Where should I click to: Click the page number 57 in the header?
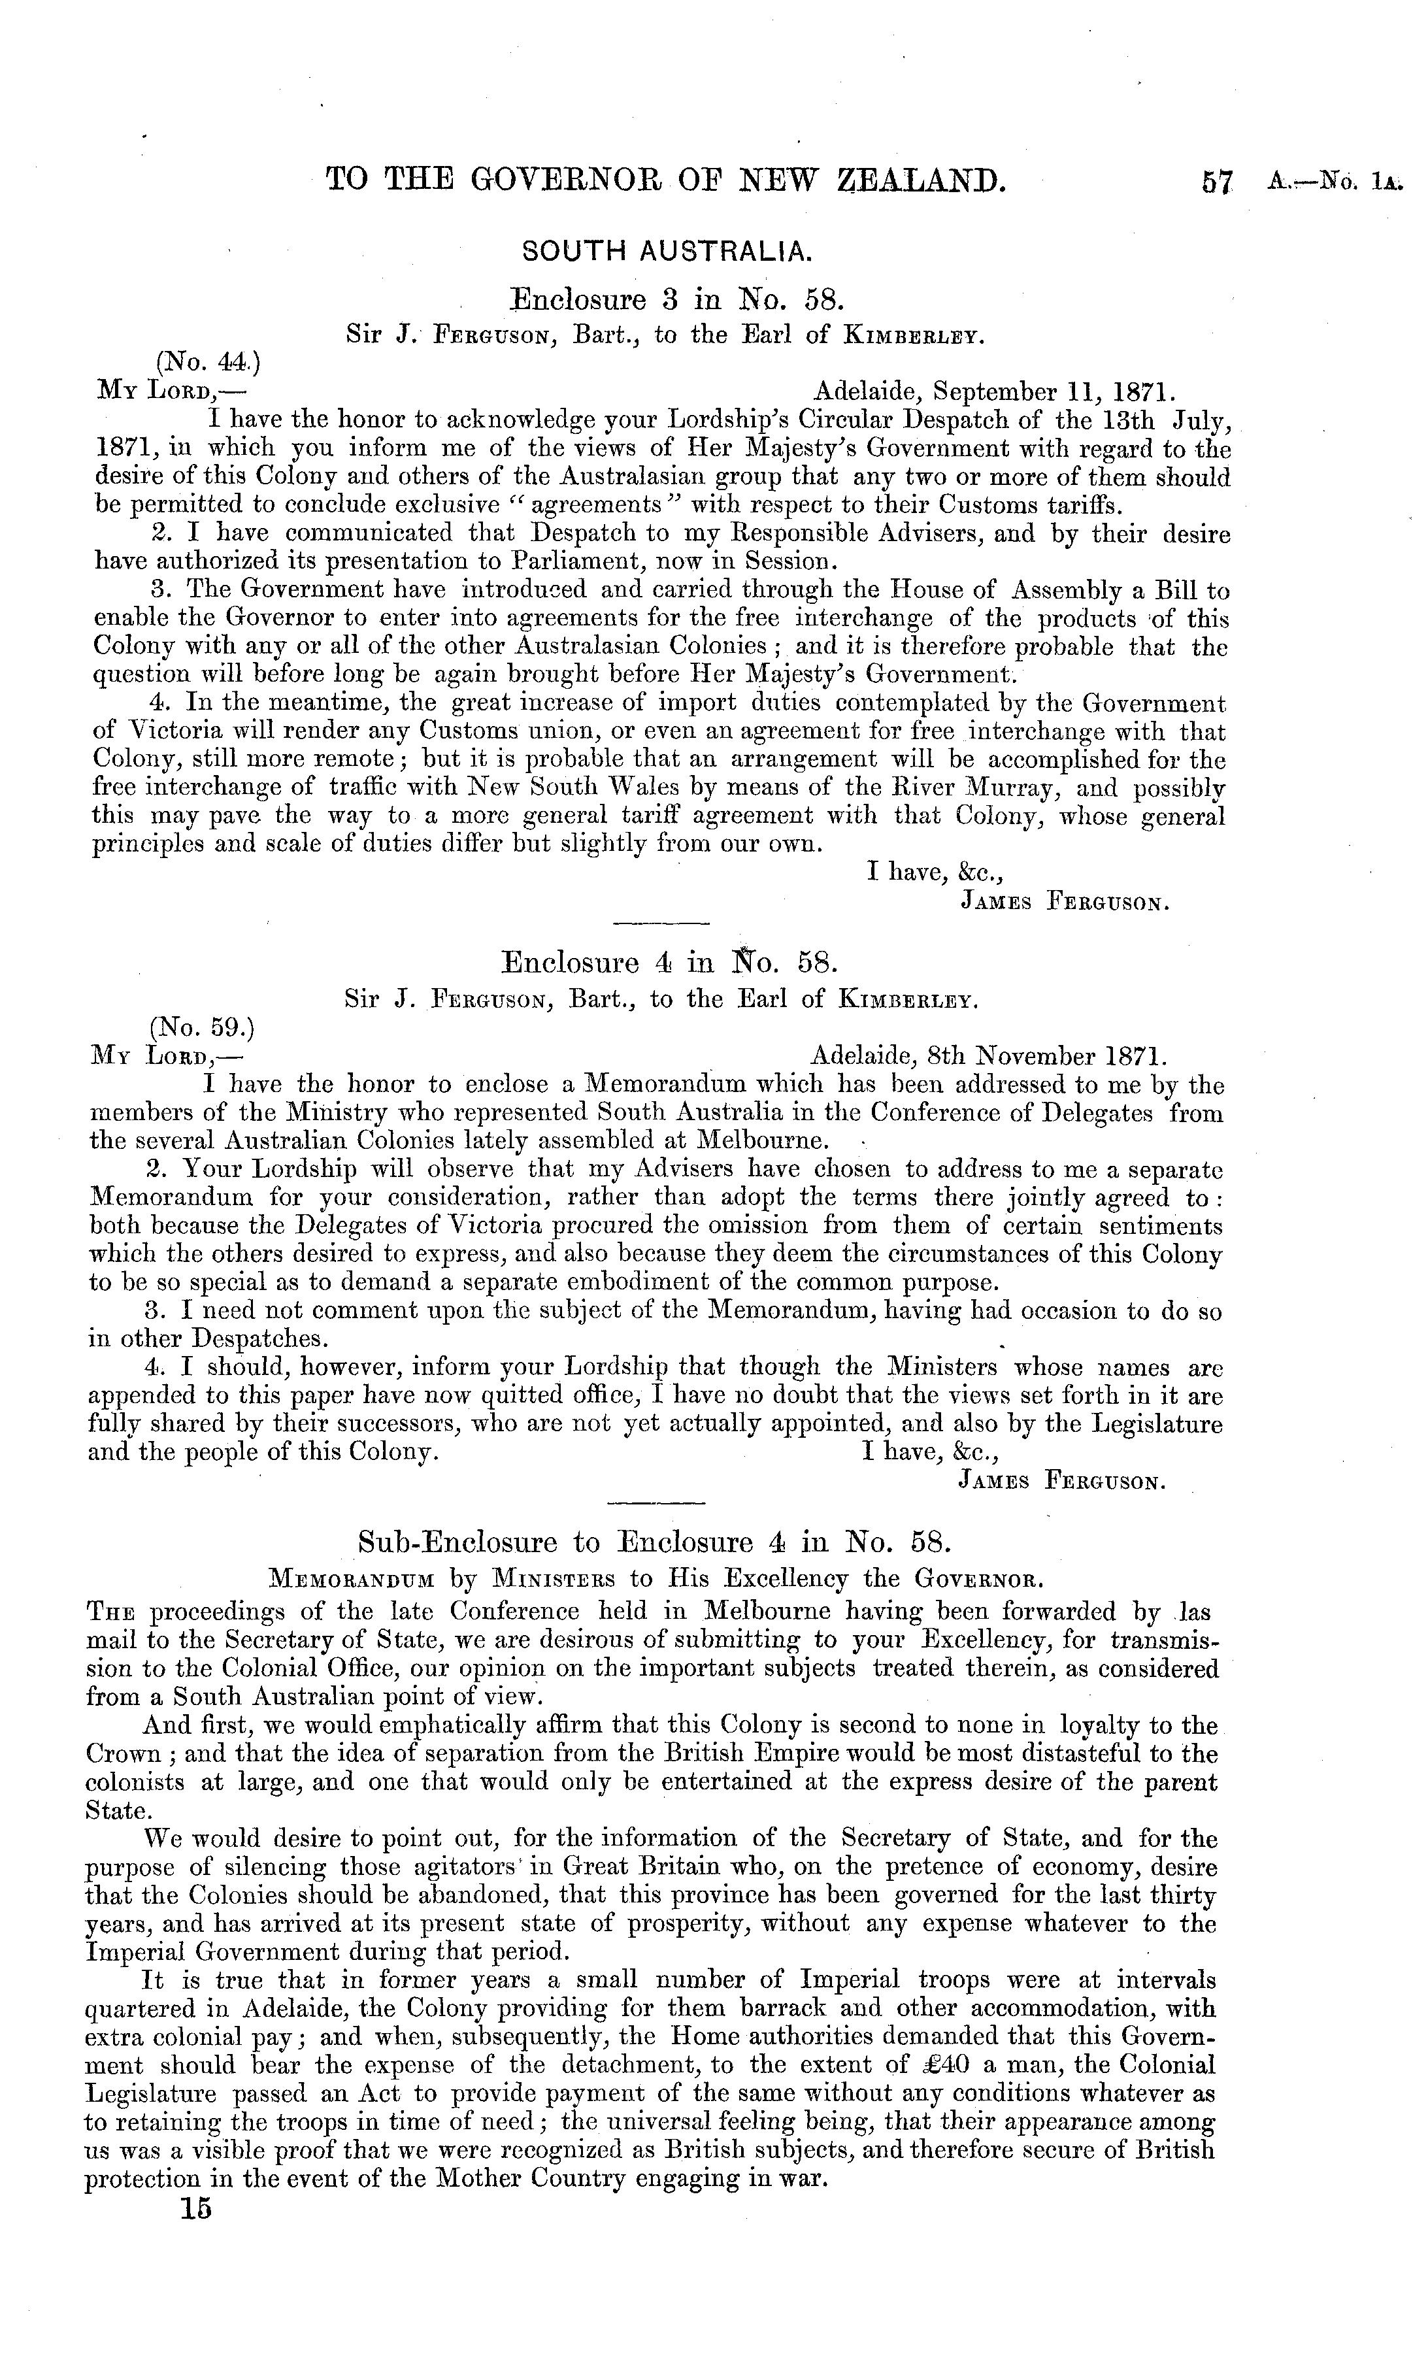coord(1220,182)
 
